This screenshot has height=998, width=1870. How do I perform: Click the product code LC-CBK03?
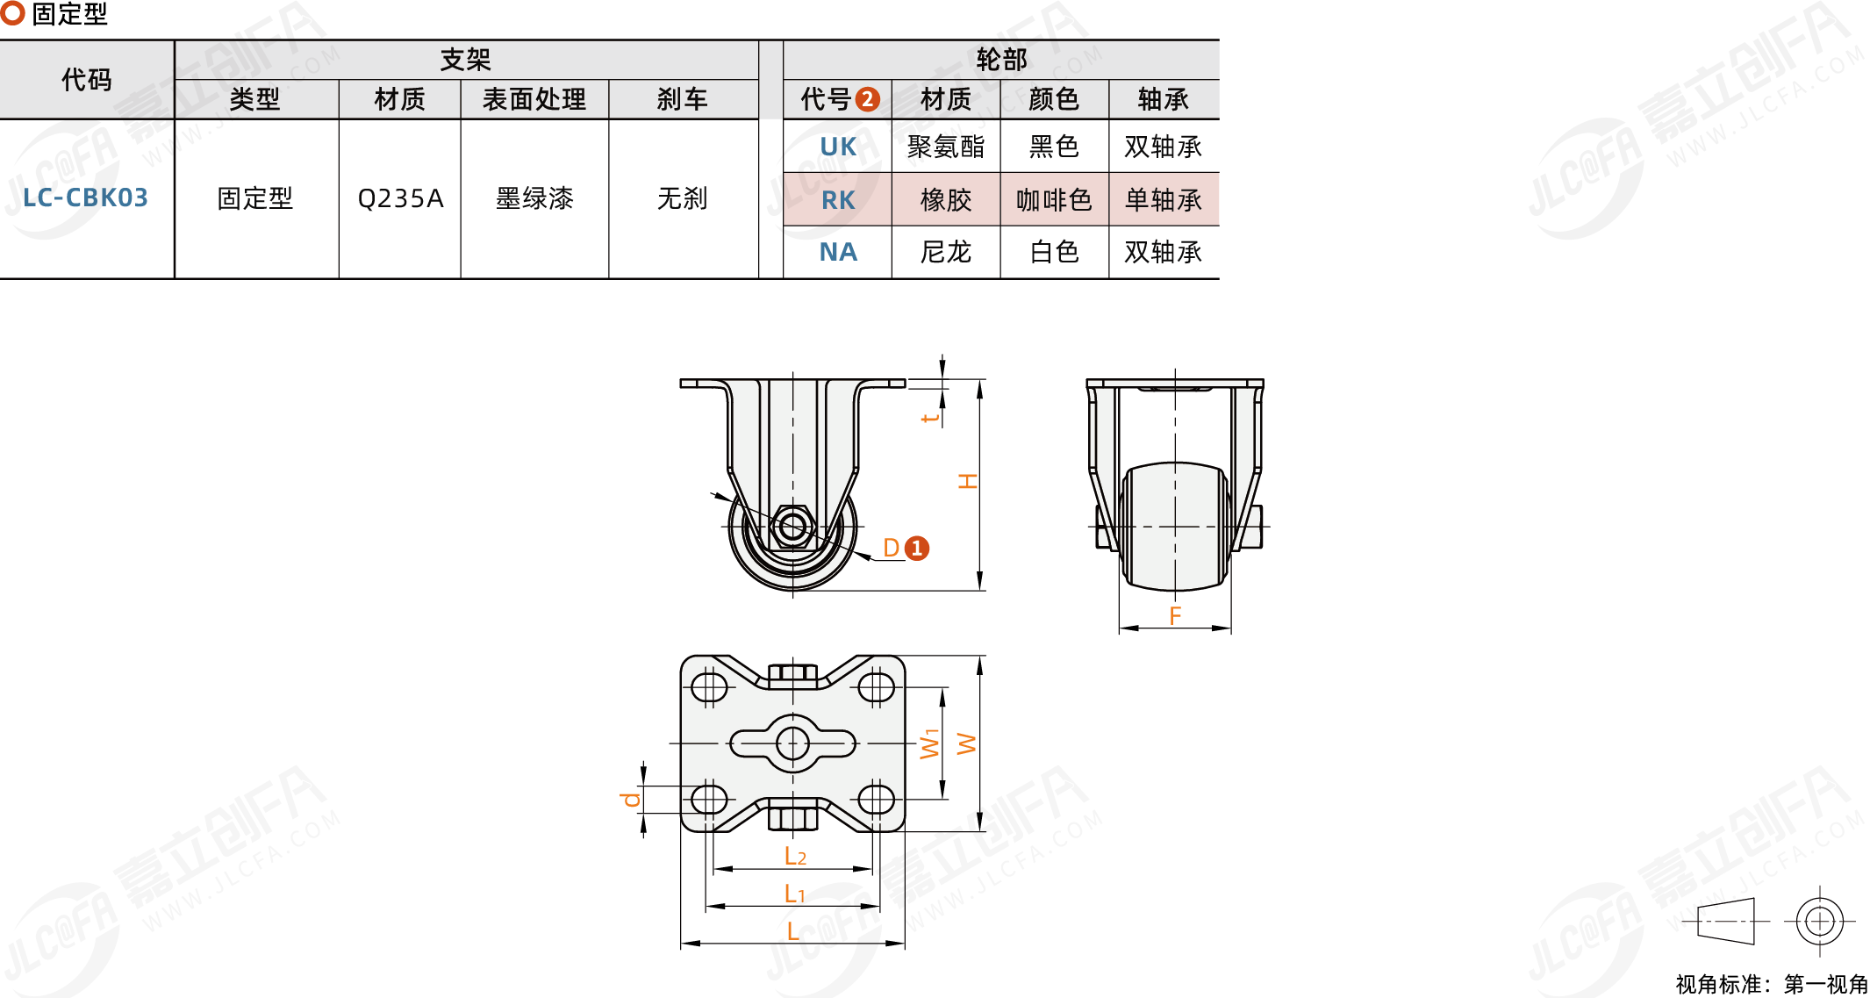tap(85, 197)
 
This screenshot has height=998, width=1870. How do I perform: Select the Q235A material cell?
tap(400, 198)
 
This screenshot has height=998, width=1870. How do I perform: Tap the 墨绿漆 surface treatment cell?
tap(534, 198)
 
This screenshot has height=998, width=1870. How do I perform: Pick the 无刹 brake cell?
tap(682, 198)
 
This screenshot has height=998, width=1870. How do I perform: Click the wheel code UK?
tap(837, 147)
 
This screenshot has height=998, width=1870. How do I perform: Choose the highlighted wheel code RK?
tap(837, 200)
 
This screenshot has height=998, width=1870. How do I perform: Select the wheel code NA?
tap(837, 252)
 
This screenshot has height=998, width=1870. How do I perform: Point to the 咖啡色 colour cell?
tap(1054, 200)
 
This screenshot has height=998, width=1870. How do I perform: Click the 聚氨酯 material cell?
tap(945, 147)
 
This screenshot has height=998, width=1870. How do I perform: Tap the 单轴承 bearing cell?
tap(1163, 200)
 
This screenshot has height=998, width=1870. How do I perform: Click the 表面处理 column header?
tap(534, 99)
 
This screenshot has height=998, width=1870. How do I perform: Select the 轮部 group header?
tap(1000, 60)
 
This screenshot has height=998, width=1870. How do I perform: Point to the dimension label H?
tap(968, 481)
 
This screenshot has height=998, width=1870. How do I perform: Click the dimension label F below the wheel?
tap(1175, 615)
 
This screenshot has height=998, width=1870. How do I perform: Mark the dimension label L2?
tap(794, 856)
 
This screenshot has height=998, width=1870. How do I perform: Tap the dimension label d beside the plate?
tap(629, 799)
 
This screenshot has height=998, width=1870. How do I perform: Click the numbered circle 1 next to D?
tap(916, 549)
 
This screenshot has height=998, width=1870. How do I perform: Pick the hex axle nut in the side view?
tap(792, 527)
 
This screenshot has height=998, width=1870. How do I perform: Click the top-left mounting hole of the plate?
tap(708, 686)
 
